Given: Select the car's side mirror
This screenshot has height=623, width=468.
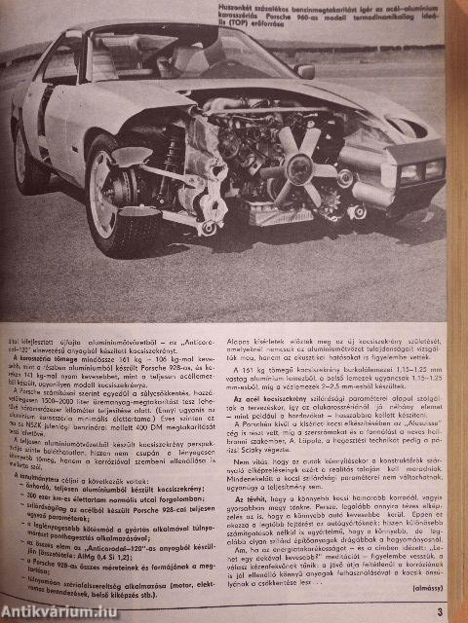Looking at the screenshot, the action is tap(305, 71).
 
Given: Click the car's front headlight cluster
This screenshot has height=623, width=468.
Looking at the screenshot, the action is tap(419, 171).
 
